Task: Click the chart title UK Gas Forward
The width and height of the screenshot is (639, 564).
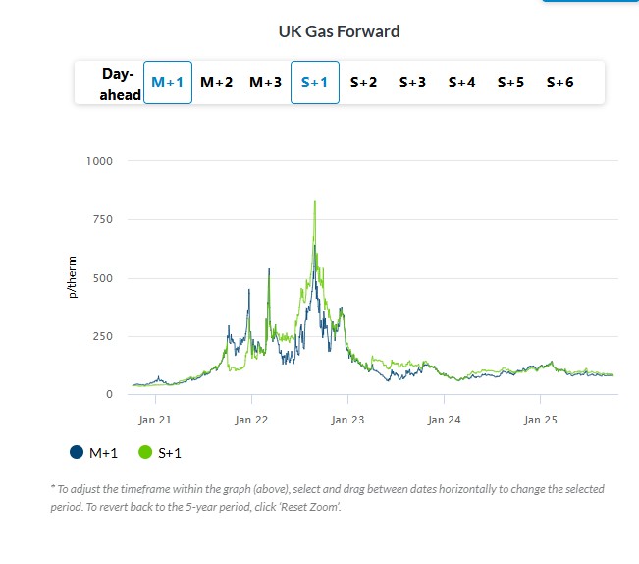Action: (x=339, y=31)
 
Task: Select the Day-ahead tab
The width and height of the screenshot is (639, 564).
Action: (x=120, y=84)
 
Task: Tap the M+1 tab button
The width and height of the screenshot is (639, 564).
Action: (x=168, y=83)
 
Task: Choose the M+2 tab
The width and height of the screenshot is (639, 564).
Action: (x=217, y=83)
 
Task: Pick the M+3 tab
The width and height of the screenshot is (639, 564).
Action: (x=266, y=83)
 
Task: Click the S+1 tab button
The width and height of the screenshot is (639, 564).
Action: (x=315, y=83)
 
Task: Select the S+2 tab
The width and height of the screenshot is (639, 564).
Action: (x=364, y=83)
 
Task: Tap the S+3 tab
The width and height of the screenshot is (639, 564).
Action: (x=413, y=83)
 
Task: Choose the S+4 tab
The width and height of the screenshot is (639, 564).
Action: (x=462, y=83)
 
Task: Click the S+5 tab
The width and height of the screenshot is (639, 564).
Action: (x=511, y=83)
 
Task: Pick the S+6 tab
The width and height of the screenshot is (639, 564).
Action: (x=560, y=83)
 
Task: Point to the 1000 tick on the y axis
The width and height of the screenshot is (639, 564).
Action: (x=99, y=161)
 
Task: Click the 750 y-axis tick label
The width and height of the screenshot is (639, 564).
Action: (x=102, y=219)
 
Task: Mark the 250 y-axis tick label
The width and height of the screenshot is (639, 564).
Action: (x=102, y=336)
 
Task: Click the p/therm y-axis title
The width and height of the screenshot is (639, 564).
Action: (x=72, y=278)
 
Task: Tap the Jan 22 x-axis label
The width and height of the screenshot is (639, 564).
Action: (x=251, y=419)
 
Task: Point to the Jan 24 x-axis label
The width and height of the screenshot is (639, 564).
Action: (x=444, y=419)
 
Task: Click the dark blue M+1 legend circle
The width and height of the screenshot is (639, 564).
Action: (x=77, y=452)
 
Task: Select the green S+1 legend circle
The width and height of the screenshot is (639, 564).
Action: (x=145, y=452)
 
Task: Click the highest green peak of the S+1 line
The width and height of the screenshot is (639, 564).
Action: (x=314, y=202)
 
